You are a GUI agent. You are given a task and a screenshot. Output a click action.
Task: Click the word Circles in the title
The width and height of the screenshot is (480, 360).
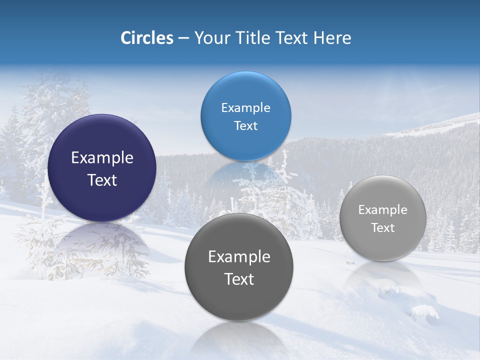pos(147,38)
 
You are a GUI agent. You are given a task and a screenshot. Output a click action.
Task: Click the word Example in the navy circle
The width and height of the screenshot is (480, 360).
pos(102,158)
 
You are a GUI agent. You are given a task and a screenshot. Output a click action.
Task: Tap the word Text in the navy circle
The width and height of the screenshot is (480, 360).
pos(102,180)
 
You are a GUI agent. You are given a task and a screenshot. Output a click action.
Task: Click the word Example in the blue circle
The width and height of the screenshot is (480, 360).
pos(245,108)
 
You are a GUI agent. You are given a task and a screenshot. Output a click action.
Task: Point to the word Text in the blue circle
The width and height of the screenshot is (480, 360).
pos(245,126)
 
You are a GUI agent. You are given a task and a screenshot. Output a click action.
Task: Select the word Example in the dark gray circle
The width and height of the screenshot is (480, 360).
pos(239,257)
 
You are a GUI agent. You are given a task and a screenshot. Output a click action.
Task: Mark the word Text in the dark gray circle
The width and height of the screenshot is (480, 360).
pos(239,279)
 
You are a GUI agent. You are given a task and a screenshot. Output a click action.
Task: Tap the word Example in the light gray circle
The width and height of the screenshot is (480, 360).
pos(383,210)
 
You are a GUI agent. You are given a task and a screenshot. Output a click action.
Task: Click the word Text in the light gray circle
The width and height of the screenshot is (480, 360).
pos(383,228)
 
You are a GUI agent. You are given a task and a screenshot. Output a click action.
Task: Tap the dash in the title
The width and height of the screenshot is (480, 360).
pos(183,38)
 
